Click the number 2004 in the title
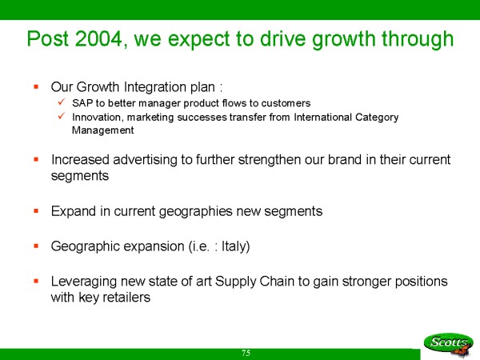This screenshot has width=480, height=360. tap(98, 39)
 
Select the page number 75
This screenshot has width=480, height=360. tap(246, 353)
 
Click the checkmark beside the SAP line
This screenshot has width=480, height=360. tap(62, 102)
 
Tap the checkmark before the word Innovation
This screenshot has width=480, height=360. tap(62, 116)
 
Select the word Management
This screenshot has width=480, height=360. tap(103, 130)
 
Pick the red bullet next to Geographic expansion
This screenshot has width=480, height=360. tap(36, 246)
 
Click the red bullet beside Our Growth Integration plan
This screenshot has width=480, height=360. tap(36, 86)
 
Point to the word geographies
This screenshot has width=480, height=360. tap(196, 211)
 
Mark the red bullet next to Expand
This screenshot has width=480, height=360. tap(36, 210)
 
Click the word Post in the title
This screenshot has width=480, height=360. tap(47, 39)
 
